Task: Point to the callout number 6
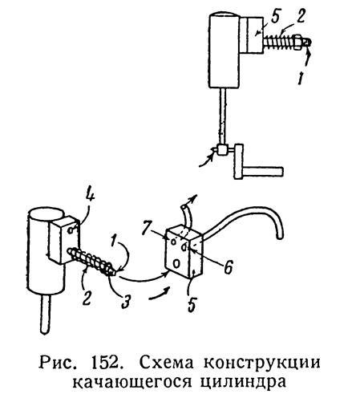tap(228, 266)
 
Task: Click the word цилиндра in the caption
tap(247, 382)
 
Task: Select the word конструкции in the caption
tap(262, 364)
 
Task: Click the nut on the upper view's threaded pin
tap(297, 43)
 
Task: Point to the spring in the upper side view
tap(278, 43)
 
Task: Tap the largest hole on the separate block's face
tap(176, 264)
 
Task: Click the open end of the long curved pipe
tap(280, 236)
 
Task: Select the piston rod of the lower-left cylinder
tap(45, 314)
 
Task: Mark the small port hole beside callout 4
tap(72, 230)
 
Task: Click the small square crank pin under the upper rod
tap(222, 149)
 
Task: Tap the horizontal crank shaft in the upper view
tap(262, 171)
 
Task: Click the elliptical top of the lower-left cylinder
tap(46, 214)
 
